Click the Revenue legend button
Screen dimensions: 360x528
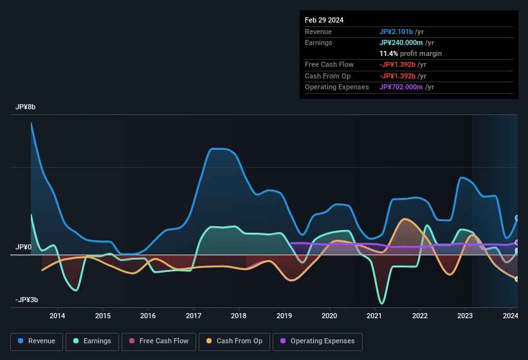(x=37, y=341)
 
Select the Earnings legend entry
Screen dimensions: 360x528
(x=93, y=341)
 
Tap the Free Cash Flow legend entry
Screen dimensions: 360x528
(x=159, y=341)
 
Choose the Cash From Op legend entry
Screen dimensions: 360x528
(x=235, y=341)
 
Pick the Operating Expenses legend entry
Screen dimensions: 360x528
(x=318, y=341)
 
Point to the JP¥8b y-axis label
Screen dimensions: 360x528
(x=26, y=107)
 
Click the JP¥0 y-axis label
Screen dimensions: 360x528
(x=24, y=248)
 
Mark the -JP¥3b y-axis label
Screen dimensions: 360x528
(x=27, y=300)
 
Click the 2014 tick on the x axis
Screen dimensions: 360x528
(x=57, y=316)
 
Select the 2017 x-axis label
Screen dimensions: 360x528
(x=193, y=316)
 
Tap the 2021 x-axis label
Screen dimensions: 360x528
(x=374, y=316)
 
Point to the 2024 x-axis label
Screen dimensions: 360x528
(x=510, y=316)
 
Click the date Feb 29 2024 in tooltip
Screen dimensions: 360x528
(x=324, y=20)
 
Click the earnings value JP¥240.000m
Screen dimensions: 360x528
(x=406, y=42)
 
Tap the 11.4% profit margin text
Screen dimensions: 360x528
(x=410, y=53)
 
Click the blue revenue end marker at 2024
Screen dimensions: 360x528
(x=516, y=218)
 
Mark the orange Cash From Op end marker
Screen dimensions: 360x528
(x=516, y=279)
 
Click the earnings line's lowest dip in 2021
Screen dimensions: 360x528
(x=382, y=303)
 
